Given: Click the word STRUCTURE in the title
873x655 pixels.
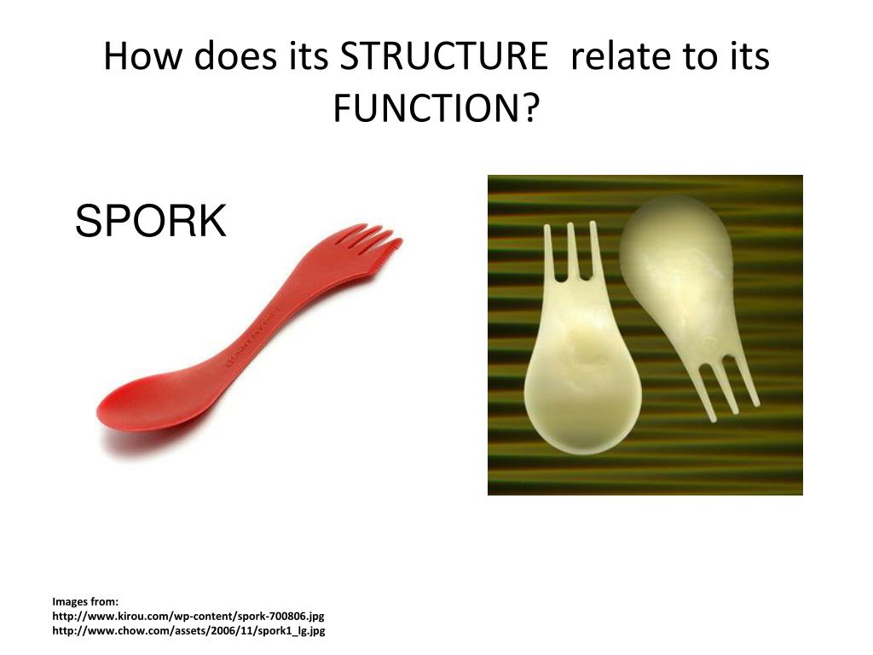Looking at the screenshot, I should tap(443, 57).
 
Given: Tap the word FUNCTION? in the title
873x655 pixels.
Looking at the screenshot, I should tap(436, 108).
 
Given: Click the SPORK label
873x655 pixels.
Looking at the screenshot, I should tap(151, 221).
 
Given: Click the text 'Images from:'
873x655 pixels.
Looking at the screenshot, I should tap(85, 601).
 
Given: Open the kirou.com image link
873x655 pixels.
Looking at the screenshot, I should tap(188, 616).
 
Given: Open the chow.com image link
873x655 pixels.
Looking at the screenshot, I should tap(188, 631).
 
